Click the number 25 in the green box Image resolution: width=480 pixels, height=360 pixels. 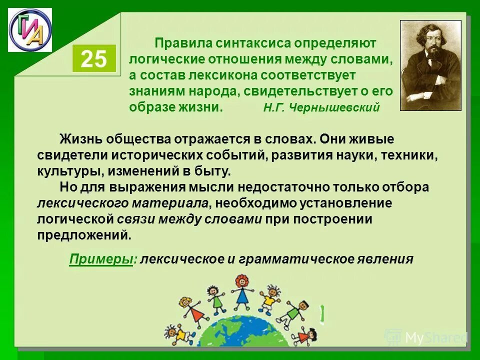tap(94, 59)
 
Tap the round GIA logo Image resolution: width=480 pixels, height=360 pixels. tap(30, 30)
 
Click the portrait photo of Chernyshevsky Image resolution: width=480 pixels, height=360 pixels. tap(430, 65)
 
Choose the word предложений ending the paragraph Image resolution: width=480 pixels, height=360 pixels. tap(84, 235)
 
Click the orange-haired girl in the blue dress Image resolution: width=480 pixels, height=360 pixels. tap(242, 292)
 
